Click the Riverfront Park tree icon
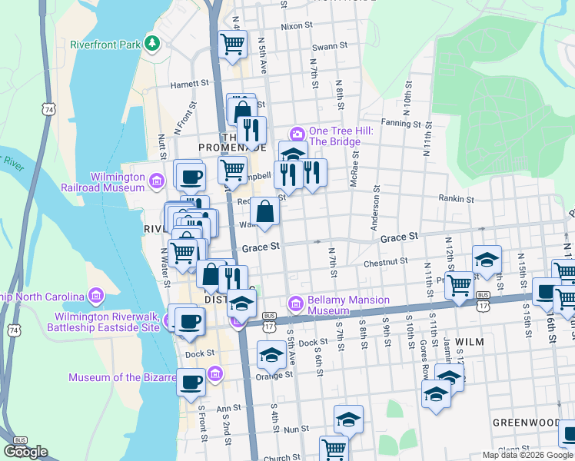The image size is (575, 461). tap(153, 44)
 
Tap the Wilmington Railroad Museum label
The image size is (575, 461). tap(118, 181)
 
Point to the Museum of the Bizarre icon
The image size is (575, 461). tap(215, 375)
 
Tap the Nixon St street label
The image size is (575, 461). tap(297, 25)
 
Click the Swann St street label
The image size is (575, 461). tap(331, 46)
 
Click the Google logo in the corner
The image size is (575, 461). tap(25, 451)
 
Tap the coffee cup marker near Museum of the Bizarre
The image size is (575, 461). tap(191, 382)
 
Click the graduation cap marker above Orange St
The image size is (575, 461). tap(271, 355)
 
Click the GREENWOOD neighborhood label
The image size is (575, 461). tap(526, 423)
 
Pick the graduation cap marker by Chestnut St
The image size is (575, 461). tap(487, 260)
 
